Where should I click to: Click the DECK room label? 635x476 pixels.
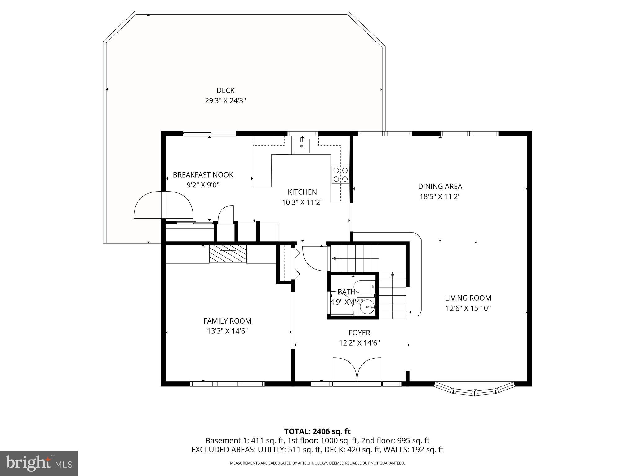point(225,90)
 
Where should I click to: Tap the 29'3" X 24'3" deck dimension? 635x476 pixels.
point(225,101)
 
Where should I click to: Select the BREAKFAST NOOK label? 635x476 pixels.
point(203,175)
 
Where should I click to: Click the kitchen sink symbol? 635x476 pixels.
point(301,146)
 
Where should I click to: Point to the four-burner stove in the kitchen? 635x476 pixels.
point(340,174)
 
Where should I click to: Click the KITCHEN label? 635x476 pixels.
point(302,192)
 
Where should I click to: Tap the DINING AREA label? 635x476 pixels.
point(440,186)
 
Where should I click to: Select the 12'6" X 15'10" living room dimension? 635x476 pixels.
point(468,308)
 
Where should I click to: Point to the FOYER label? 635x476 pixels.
point(359,333)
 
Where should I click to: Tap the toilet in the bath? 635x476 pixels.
point(365,287)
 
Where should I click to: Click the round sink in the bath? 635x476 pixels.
point(368,306)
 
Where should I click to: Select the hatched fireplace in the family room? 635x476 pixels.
point(228,254)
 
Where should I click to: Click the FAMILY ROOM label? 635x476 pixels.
point(227,321)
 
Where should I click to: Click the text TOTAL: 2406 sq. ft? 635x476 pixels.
point(317,431)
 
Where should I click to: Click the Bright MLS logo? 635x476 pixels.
point(39,463)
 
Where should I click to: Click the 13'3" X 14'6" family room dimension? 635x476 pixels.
point(227,331)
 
